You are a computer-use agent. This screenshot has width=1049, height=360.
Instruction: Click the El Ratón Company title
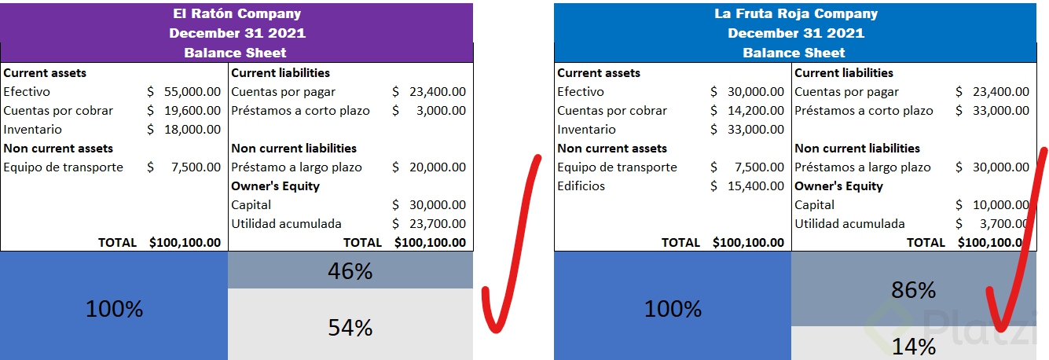237,13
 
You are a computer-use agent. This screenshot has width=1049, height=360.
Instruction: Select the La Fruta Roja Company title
795,13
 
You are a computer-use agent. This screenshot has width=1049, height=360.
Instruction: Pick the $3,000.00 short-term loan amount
441,111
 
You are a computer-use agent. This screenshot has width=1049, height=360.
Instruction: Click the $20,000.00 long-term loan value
437,167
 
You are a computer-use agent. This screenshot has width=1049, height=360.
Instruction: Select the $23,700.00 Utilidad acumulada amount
437,224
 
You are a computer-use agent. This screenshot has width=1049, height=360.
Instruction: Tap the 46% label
350,271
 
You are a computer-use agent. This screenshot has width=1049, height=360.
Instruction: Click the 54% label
350,327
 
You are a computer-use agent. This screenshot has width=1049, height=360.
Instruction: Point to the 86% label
914,290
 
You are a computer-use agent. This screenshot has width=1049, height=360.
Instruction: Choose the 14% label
914,346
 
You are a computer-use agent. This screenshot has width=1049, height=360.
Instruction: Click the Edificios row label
581,186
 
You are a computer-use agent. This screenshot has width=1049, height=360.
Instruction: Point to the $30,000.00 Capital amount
437,205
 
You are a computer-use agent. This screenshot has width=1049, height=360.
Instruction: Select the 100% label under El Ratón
115,309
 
